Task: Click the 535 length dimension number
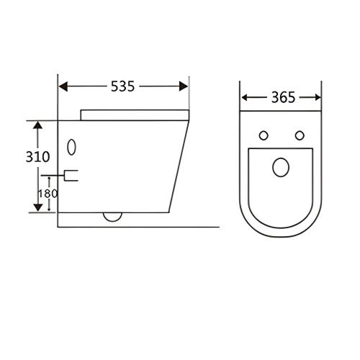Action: coord(122,86)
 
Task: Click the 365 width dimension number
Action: coord(283,98)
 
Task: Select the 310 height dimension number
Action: coord(37,157)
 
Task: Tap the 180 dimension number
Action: coord(48,194)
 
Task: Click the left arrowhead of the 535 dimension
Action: coord(63,86)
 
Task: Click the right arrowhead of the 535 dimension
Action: coord(184,86)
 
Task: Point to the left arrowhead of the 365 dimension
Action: coord(245,98)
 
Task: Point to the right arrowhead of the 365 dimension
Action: coord(318,98)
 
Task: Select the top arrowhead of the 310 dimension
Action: coord(37,125)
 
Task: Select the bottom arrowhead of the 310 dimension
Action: coord(37,207)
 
